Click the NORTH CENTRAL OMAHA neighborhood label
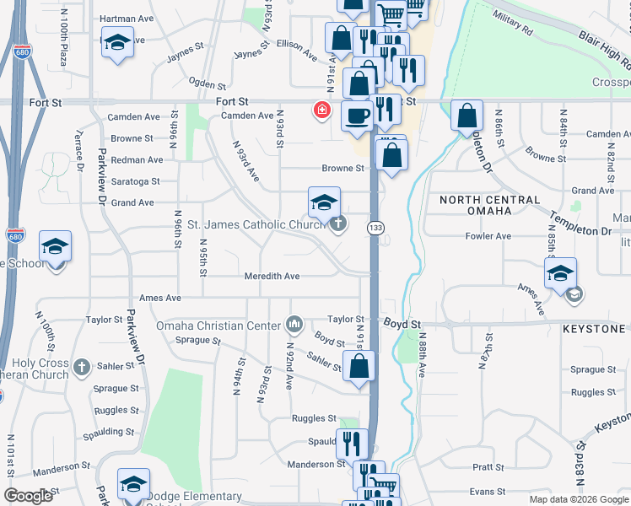(489, 207)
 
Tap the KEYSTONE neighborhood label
(596, 328)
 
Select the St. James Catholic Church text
(256, 224)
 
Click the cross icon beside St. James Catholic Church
(337, 223)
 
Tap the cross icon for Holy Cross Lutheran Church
(81, 367)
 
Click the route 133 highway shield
(375, 228)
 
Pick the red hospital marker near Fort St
(321, 110)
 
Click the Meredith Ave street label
(272, 276)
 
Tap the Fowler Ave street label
(488, 236)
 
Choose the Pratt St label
(488, 466)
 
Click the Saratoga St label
(135, 181)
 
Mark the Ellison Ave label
(296, 46)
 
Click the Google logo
(28, 496)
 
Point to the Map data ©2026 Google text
(578, 499)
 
